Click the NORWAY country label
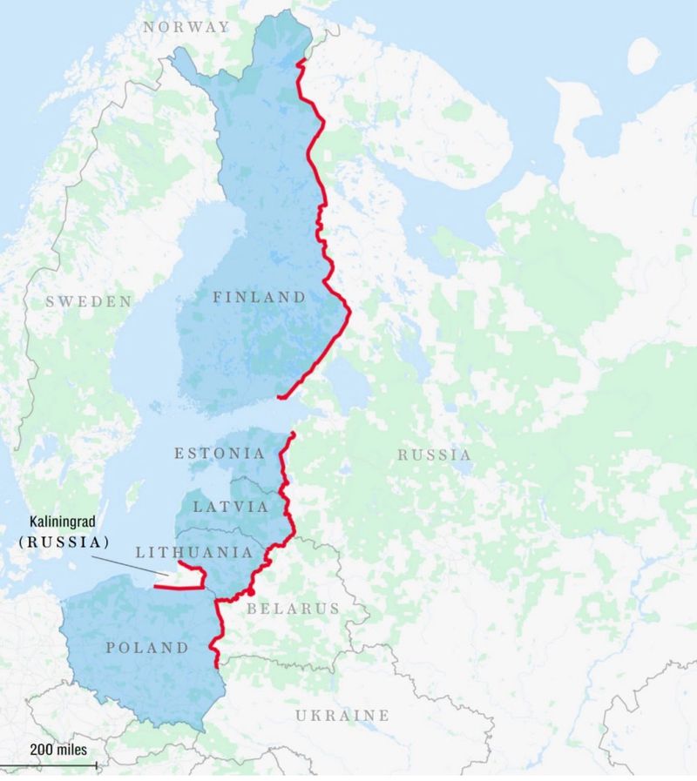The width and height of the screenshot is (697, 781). (x=186, y=27)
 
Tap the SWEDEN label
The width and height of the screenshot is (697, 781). (x=89, y=301)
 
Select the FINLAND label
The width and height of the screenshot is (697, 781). (x=260, y=298)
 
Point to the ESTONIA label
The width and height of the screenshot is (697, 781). (x=220, y=454)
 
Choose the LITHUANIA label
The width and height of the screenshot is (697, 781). (x=193, y=552)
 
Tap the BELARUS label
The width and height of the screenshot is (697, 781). (x=293, y=609)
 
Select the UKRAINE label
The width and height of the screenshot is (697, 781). (x=342, y=716)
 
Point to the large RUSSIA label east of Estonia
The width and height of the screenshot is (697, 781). (x=434, y=454)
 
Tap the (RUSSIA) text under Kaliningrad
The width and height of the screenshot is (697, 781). (x=65, y=542)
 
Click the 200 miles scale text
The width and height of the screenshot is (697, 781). (x=58, y=749)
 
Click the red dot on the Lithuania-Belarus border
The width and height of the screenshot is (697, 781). (x=251, y=592)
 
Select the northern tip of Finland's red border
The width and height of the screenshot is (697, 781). (x=299, y=62)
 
